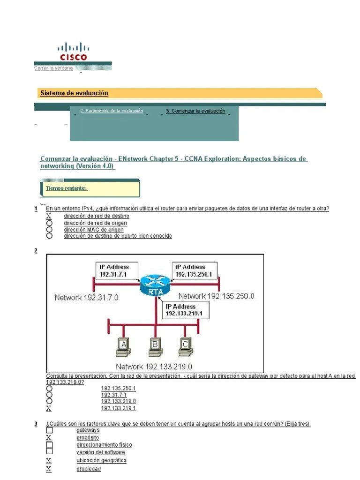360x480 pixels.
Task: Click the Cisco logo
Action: coord(73,52)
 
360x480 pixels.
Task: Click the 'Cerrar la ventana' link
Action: coord(53,68)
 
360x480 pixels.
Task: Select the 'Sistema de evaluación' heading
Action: coord(74,93)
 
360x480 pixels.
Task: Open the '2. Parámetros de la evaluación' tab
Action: coord(112,111)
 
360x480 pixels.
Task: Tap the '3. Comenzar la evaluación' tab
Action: coord(195,111)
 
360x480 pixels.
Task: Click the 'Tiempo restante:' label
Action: coord(66,188)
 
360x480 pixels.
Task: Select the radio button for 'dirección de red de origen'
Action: coord(49,223)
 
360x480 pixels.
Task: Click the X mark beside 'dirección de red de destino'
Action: coord(49,216)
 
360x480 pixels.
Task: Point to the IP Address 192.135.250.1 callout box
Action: coord(194,270)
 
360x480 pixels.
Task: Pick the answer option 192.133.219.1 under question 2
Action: coord(118,408)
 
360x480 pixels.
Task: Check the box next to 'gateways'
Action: coord(49,430)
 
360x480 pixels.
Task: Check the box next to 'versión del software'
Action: coord(49,451)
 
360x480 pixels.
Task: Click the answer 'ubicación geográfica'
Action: coord(101,460)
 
